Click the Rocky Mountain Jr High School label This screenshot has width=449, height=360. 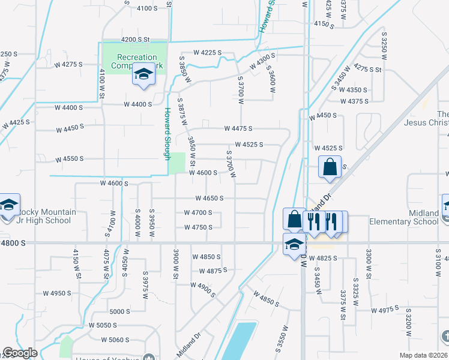(47, 216)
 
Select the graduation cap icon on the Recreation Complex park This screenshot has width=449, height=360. (143, 75)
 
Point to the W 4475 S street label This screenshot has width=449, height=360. (238, 128)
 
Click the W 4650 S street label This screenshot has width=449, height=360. (209, 198)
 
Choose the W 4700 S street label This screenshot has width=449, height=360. (198, 212)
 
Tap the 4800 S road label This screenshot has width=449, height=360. (13, 243)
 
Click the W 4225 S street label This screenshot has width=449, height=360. (207, 53)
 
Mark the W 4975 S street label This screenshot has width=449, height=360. (385, 310)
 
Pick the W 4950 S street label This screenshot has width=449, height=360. (57, 293)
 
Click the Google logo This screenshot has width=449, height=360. (20, 353)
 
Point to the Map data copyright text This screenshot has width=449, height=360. (424, 355)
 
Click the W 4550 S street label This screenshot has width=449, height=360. (69, 159)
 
